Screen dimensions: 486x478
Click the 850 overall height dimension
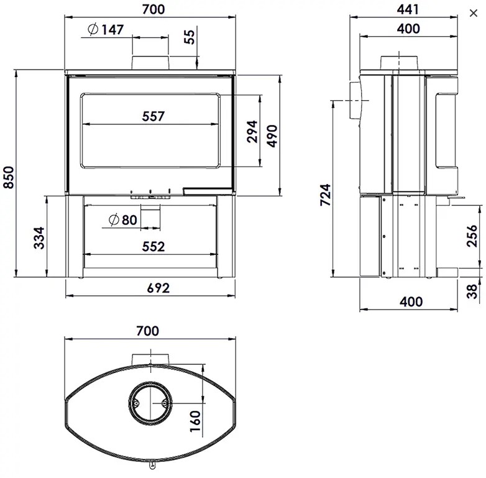click(x=9, y=177)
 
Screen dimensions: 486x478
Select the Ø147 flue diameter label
click(x=106, y=29)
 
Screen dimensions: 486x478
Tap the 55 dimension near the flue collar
click(x=190, y=37)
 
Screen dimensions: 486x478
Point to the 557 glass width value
click(x=153, y=116)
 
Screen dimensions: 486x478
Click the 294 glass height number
click(x=252, y=131)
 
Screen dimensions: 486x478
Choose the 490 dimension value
click(x=272, y=136)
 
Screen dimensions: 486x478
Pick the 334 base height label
click(x=39, y=238)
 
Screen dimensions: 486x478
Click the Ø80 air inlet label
click(x=123, y=220)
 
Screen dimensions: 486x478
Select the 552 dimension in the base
click(x=154, y=247)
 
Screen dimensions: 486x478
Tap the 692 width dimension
click(x=158, y=288)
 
